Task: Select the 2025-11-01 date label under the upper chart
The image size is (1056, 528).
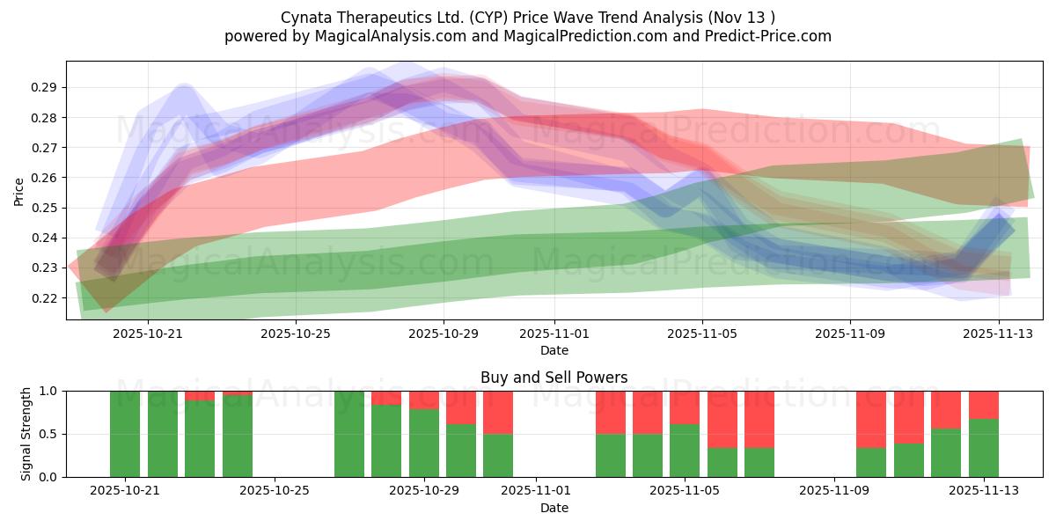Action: [x=554, y=334]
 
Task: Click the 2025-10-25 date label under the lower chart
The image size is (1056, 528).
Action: [x=275, y=491]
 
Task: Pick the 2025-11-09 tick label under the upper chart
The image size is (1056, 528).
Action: [x=849, y=334]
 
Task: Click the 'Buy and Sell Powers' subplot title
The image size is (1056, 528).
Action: [x=554, y=378]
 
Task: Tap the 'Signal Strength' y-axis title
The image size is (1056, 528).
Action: [x=26, y=434]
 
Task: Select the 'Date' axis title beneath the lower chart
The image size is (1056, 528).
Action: [x=554, y=508]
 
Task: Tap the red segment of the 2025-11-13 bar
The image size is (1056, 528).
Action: [x=984, y=405]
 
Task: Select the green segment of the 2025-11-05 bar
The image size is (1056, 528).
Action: [x=685, y=451]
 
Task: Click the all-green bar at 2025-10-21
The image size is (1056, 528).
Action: [x=125, y=434]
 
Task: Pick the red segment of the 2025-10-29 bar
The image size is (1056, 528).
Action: [x=424, y=400]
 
